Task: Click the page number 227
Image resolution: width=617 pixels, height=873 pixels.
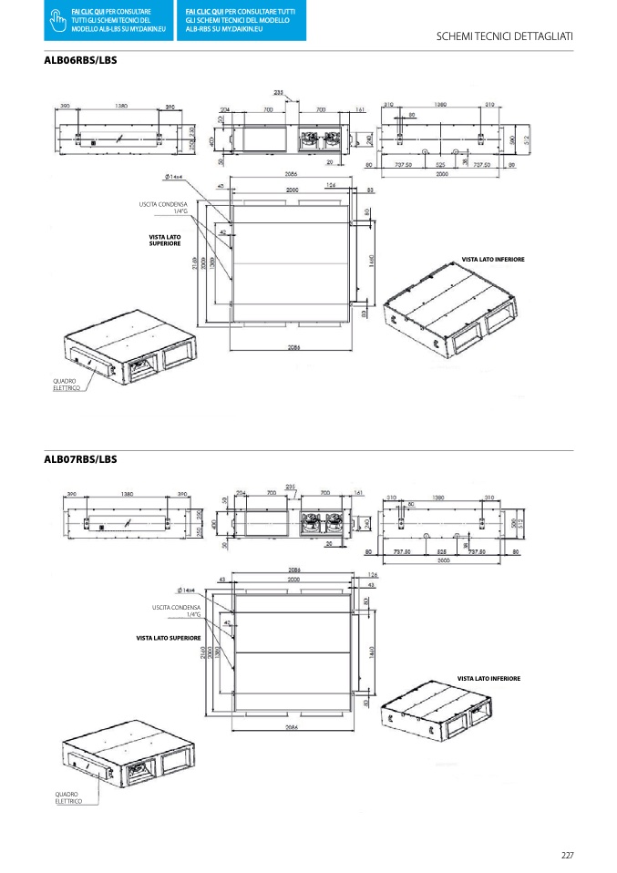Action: pos(567,854)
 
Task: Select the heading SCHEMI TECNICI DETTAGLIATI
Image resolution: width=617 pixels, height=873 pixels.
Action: pos(505,36)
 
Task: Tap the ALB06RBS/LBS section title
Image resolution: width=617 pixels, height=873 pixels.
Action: pos(81,60)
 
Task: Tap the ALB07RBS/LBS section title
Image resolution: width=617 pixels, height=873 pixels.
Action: pos(81,459)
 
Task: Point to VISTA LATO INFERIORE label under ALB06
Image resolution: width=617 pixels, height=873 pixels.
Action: pos(493,260)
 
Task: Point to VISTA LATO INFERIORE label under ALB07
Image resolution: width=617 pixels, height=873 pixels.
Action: pos(488,679)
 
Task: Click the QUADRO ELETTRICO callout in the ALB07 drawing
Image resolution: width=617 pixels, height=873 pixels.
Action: pos(68,797)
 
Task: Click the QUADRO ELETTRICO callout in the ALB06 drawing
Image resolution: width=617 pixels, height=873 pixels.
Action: pos(66,385)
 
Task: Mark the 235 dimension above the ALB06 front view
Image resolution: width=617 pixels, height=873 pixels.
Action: pos(277,92)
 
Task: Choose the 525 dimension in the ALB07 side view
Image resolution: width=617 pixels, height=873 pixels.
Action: pos(441,551)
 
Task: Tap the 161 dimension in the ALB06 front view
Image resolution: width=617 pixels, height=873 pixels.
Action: pos(360,109)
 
